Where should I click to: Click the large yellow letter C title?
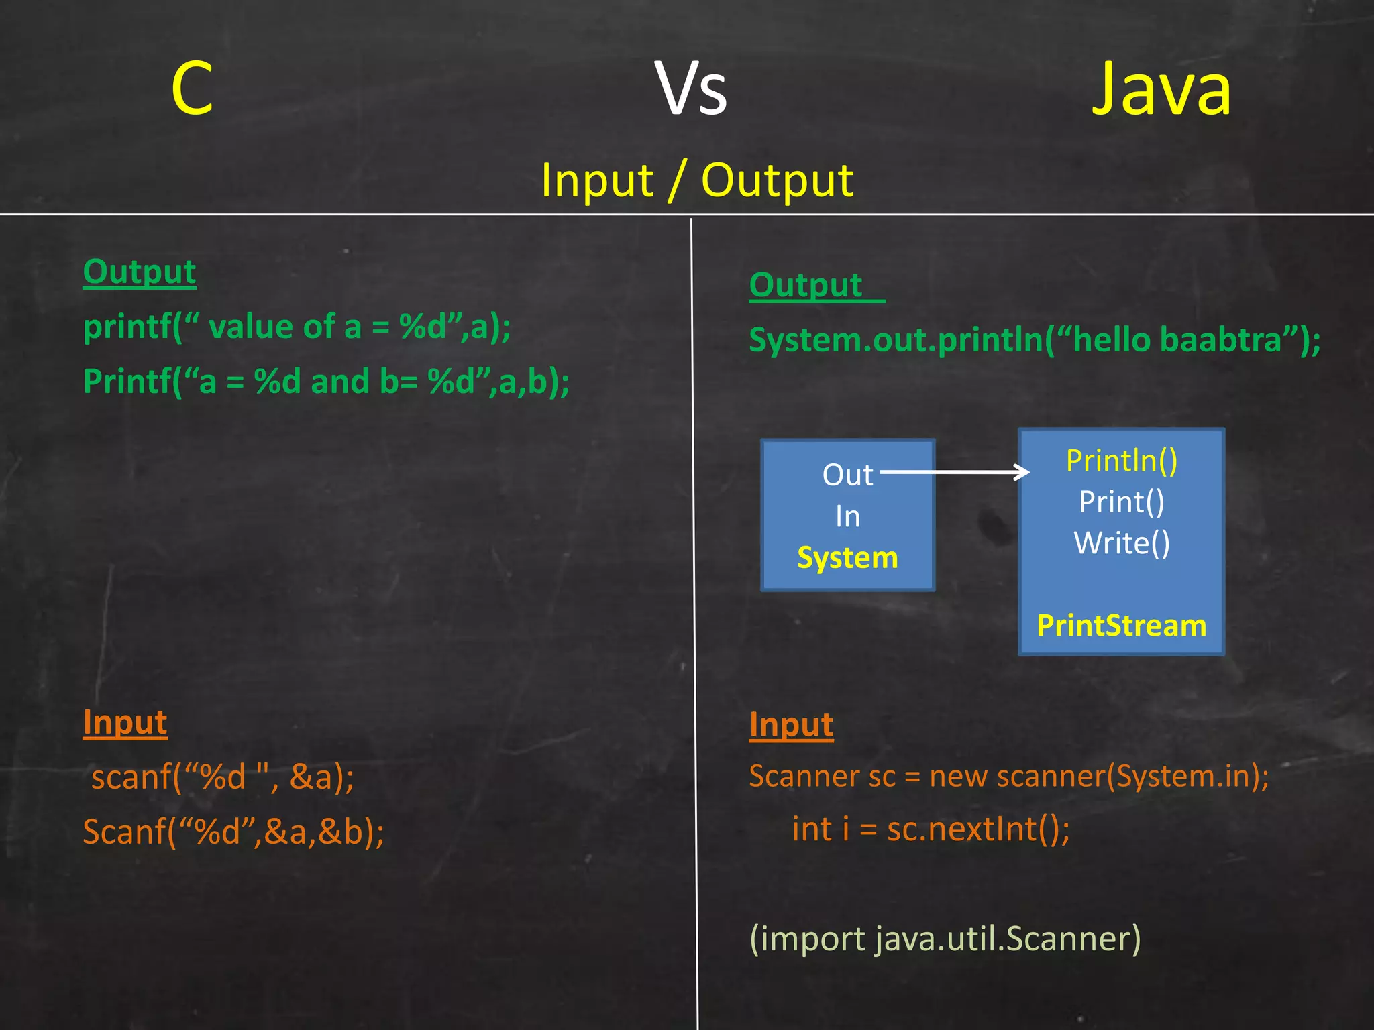(192, 89)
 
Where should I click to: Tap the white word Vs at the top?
(691, 89)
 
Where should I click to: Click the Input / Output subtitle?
(697, 180)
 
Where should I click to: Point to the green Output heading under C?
(140, 272)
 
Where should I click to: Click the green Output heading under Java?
(806, 286)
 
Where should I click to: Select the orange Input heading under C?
(125, 723)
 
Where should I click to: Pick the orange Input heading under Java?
(791, 726)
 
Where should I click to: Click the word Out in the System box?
(847, 475)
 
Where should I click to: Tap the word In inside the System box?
(847, 516)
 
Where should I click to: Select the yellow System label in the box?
(847, 558)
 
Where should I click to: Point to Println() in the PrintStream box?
(1122, 461)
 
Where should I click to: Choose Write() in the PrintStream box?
(1122, 543)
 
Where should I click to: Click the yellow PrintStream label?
(1122, 626)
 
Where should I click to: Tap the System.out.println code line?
(1035, 340)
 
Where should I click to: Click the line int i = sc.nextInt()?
(931, 829)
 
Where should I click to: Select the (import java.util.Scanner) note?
(945, 939)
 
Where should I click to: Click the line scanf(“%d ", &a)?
(222, 778)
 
